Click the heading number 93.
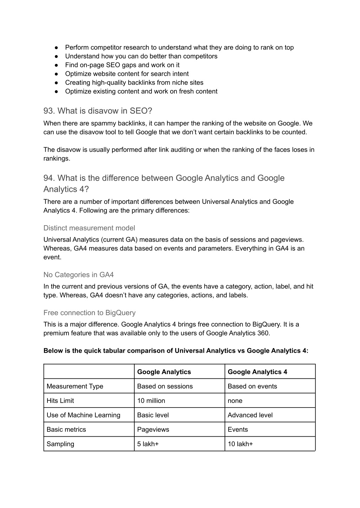(x=49, y=111)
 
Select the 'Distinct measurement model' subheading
(x=89, y=228)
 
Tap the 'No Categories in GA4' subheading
(x=78, y=275)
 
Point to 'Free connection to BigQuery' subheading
(x=89, y=313)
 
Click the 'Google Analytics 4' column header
(x=257, y=372)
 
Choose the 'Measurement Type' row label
(x=75, y=386)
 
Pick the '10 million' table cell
(x=151, y=400)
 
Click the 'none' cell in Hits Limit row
(x=235, y=400)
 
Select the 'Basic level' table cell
(x=153, y=415)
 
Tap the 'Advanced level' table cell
(x=250, y=415)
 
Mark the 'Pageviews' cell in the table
(x=153, y=429)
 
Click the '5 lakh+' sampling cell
(x=148, y=444)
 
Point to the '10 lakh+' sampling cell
(x=240, y=444)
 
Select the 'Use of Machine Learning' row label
(x=83, y=415)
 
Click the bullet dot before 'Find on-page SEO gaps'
(x=56, y=65)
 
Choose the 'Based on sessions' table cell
(x=165, y=386)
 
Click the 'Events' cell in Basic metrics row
(x=238, y=429)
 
